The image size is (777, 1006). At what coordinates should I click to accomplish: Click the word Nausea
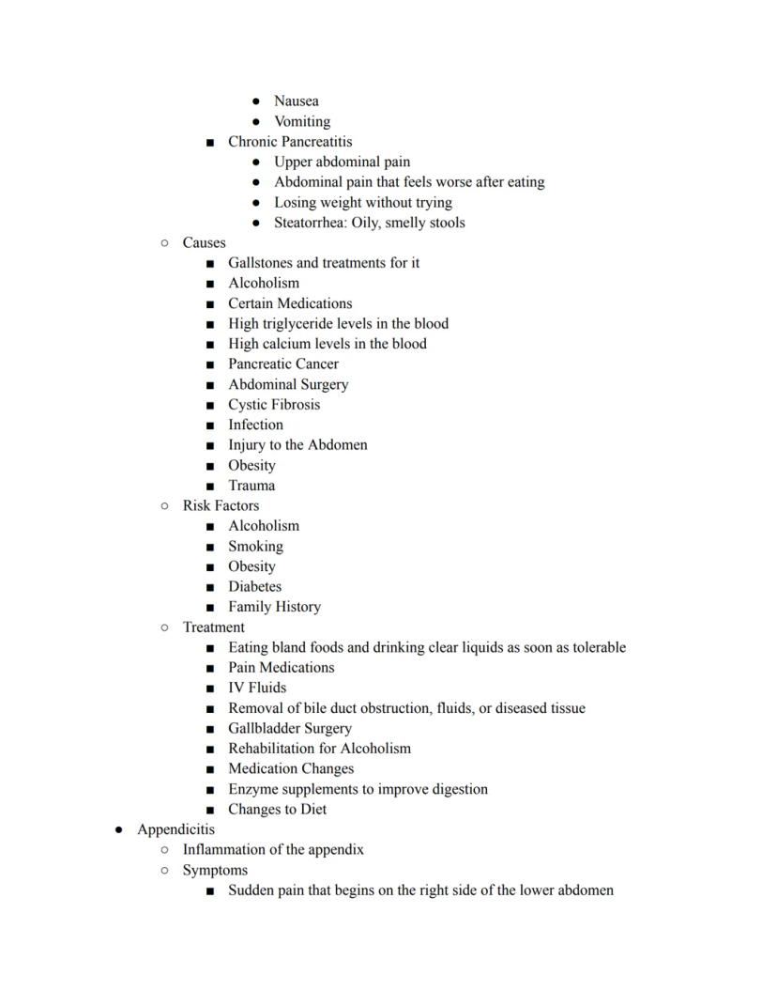coord(296,101)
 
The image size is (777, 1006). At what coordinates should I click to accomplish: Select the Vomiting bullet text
coord(301,121)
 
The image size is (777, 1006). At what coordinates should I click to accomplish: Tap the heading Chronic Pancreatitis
coord(290,142)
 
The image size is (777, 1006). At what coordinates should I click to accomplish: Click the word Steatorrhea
coord(309,223)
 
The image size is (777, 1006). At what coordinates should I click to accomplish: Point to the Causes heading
coord(204,242)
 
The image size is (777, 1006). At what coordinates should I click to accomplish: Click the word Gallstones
coord(260,263)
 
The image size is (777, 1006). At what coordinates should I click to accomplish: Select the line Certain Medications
coord(290,303)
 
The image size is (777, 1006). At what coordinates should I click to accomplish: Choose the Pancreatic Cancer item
coord(282,364)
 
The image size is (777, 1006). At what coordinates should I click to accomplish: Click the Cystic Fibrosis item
coord(273,405)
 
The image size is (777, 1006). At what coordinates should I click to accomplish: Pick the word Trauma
coord(251,486)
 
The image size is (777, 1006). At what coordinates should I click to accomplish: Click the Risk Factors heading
coord(221,505)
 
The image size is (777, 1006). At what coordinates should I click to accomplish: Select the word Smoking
coord(255,546)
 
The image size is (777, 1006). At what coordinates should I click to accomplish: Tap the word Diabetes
coord(254,586)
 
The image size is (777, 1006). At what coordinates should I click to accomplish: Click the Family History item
coord(274,607)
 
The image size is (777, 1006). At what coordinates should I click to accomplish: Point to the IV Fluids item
coord(257,688)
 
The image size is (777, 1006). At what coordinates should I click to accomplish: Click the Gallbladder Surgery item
coord(289,728)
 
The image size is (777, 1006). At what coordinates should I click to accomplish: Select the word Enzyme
coord(253,789)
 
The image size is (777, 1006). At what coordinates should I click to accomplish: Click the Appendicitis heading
coord(175,829)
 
